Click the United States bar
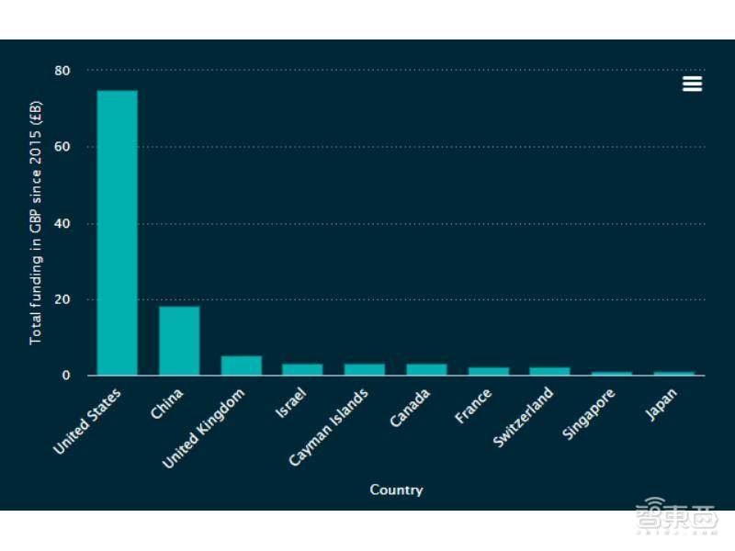tap(117, 232)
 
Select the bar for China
tap(179, 341)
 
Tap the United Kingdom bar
tap(241, 365)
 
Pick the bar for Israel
tap(302, 369)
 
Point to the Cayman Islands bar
tap(364, 369)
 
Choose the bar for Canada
tap(426, 369)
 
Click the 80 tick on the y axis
tap(62, 71)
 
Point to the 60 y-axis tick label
tap(62, 147)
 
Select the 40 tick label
tap(62, 223)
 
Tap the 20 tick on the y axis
tap(62, 299)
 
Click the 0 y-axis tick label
tap(67, 376)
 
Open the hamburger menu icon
tap(692, 84)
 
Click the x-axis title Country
tap(396, 489)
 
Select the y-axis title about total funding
tap(36, 223)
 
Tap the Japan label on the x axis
tap(662, 405)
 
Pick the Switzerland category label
tap(524, 417)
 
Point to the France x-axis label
tap(473, 406)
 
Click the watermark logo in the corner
tap(678, 517)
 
